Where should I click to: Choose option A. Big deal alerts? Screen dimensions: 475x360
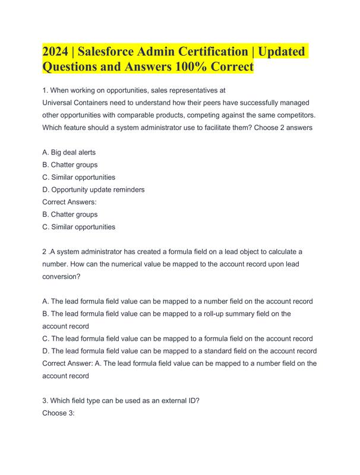tap(69, 153)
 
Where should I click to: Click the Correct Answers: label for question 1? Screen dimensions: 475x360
tap(70, 202)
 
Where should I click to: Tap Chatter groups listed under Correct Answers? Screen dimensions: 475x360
tap(74, 214)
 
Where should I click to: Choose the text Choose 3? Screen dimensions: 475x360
tap(58, 413)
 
